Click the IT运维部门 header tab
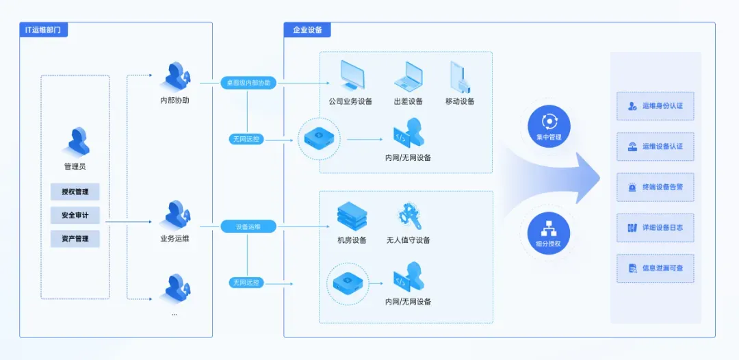click(x=43, y=29)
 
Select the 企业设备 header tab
click(x=307, y=29)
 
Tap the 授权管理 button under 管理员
click(x=75, y=192)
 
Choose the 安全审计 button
click(x=75, y=216)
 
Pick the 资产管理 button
click(x=75, y=238)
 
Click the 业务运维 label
click(x=175, y=238)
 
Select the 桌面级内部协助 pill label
click(x=248, y=83)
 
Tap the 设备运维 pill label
click(x=248, y=227)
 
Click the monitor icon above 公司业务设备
click(x=352, y=75)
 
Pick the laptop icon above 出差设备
click(x=408, y=76)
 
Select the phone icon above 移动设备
click(x=460, y=76)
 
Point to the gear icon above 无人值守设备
click(x=408, y=216)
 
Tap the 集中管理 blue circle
click(x=549, y=127)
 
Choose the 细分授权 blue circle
click(x=549, y=233)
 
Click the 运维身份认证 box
click(x=655, y=106)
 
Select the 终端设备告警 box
click(x=655, y=187)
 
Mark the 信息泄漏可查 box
click(x=655, y=268)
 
